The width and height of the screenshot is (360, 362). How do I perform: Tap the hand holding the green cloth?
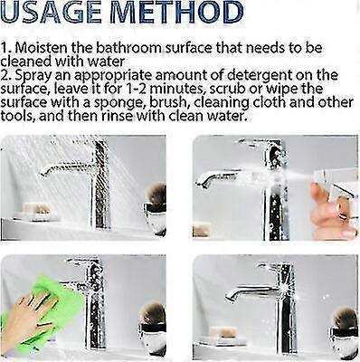(x=27, y=317)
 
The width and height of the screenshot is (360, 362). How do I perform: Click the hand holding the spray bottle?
(x=331, y=213)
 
